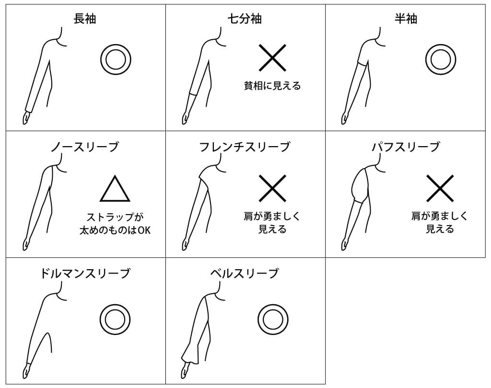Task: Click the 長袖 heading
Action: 85,19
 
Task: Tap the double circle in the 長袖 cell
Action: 116,59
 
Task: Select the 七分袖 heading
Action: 245,19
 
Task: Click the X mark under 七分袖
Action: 272,58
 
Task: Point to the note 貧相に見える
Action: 272,86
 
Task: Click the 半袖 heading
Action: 405,19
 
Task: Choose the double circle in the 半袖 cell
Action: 440,59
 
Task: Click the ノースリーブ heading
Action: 84,147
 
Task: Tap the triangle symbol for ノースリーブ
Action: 115,189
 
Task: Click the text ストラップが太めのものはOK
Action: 115,223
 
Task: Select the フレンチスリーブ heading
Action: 245,147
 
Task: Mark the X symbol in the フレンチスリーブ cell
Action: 272,188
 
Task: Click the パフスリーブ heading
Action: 405,147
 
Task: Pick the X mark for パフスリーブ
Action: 440,188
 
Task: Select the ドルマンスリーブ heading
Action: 85,274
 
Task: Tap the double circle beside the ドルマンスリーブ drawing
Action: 115,319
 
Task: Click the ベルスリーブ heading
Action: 245,274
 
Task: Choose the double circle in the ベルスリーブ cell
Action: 272,319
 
